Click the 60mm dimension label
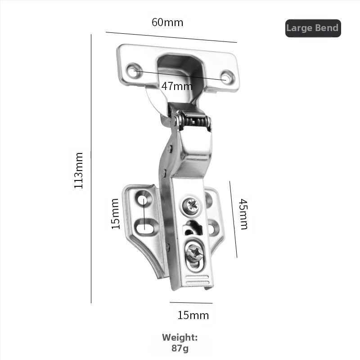[x=167, y=22]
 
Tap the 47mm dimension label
[x=177, y=86]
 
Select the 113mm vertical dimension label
[x=78, y=171]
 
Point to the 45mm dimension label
[x=243, y=214]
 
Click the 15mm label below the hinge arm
[x=193, y=315]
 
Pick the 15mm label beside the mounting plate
[x=116, y=214]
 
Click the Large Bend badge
[x=313, y=28]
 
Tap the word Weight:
[x=180, y=337]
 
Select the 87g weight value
[x=180, y=348]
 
